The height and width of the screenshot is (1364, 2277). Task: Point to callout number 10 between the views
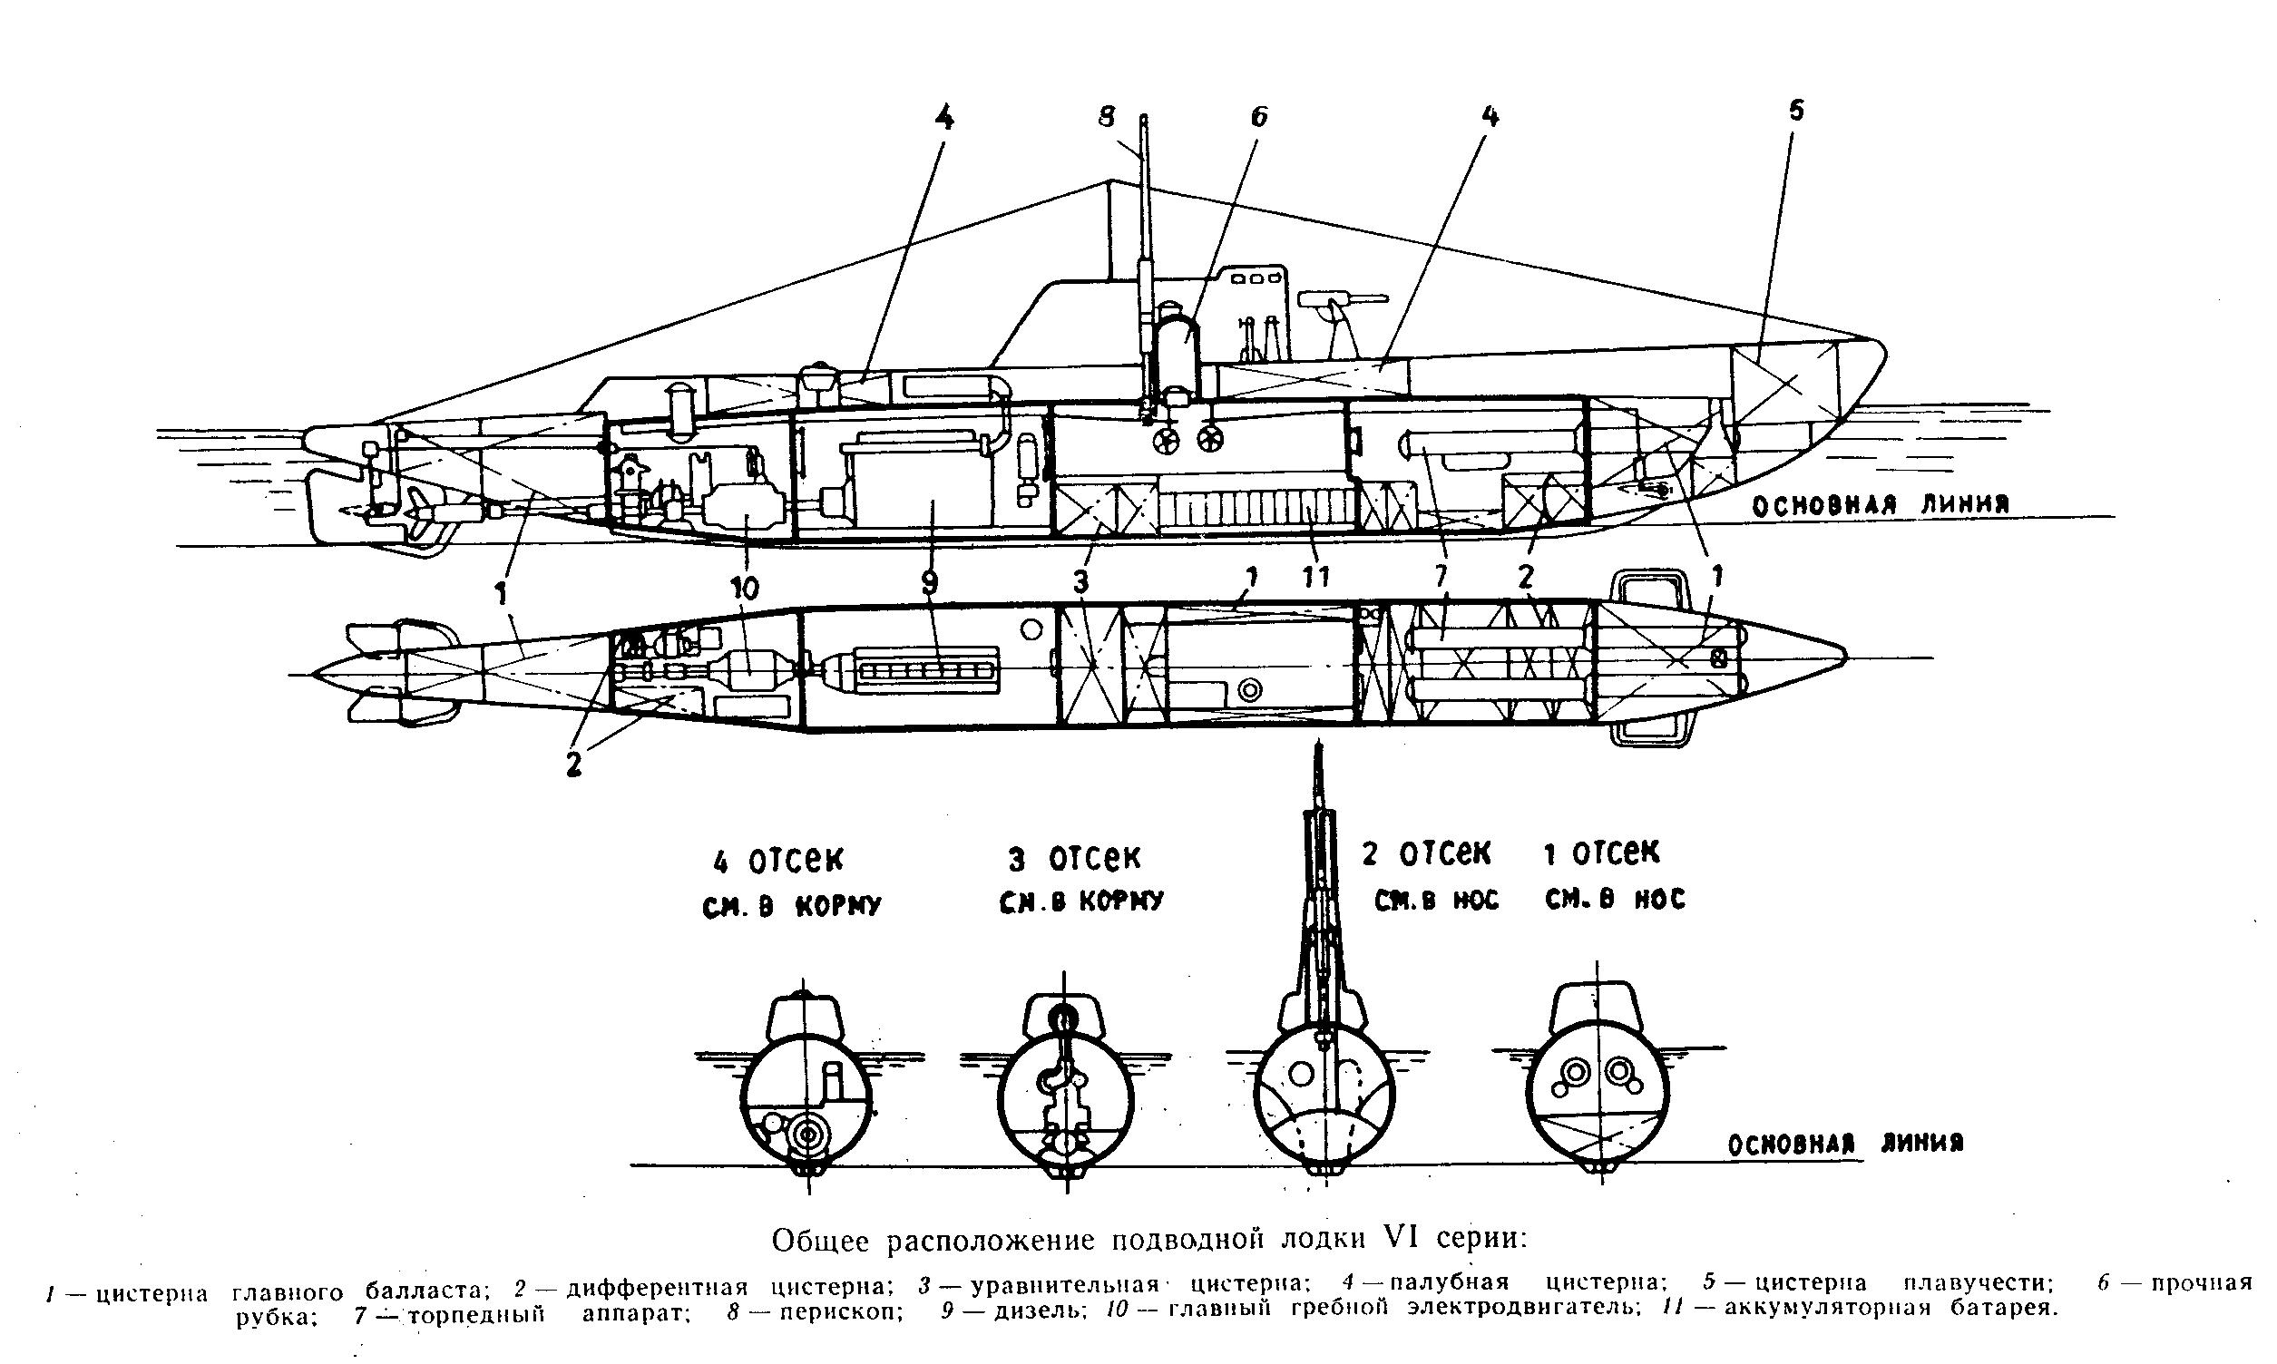pyautogui.click(x=746, y=589)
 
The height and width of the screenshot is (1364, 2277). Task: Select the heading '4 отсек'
pyautogui.click(x=777, y=862)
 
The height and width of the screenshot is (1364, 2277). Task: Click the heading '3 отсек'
pyautogui.click(x=1074, y=859)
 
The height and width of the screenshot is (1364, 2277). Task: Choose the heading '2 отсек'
pyautogui.click(x=1426, y=853)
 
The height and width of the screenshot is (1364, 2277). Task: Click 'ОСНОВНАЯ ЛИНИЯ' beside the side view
pyautogui.click(x=1880, y=504)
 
